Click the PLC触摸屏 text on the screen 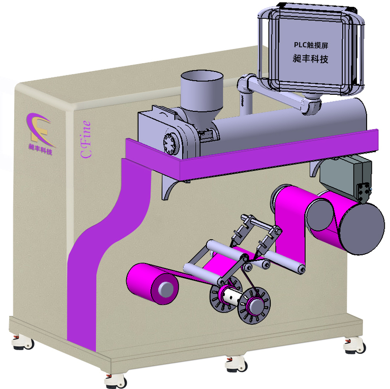click(311, 45)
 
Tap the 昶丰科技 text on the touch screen click(311, 59)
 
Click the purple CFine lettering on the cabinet click(86, 140)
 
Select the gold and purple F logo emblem click(40, 130)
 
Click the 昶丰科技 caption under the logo click(40, 149)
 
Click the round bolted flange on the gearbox click(171, 143)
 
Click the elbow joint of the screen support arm click(244, 83)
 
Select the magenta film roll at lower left click(152, 283)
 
